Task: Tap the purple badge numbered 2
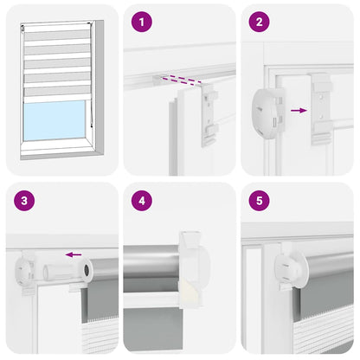(x=257, y=22)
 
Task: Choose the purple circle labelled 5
(x=257, y=200)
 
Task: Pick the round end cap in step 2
(x=267, y=114)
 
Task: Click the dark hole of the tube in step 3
(x=89, y=276)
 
